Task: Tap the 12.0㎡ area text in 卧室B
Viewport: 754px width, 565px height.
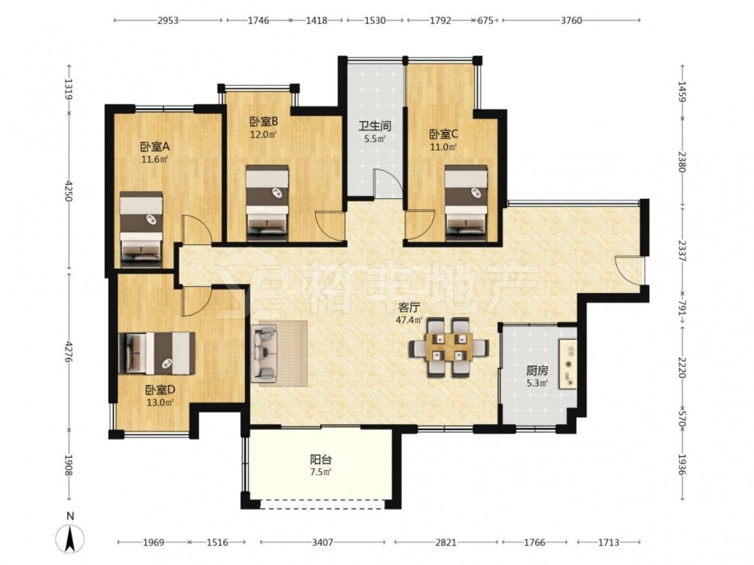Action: click(263, 135)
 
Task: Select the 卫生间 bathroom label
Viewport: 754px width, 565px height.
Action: click(375, 127)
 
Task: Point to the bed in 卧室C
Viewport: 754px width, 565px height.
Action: click(465, 203)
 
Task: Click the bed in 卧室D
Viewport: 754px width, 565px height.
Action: click(157, 353)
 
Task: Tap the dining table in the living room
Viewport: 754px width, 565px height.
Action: click(449, 347)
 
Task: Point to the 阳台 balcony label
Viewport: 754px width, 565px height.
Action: click(320, 460)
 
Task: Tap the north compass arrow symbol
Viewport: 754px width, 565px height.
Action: click(70, 539)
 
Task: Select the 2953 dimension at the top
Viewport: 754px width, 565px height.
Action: click(168, 20)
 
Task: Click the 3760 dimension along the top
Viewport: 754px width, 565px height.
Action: click(571, 20)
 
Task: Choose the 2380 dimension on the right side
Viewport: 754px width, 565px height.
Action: click(682, 161)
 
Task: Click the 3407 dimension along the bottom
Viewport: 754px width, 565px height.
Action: click(322, 542)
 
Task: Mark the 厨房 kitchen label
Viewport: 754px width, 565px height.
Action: click(537, 371)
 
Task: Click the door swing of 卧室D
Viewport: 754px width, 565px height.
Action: click(197, 301)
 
